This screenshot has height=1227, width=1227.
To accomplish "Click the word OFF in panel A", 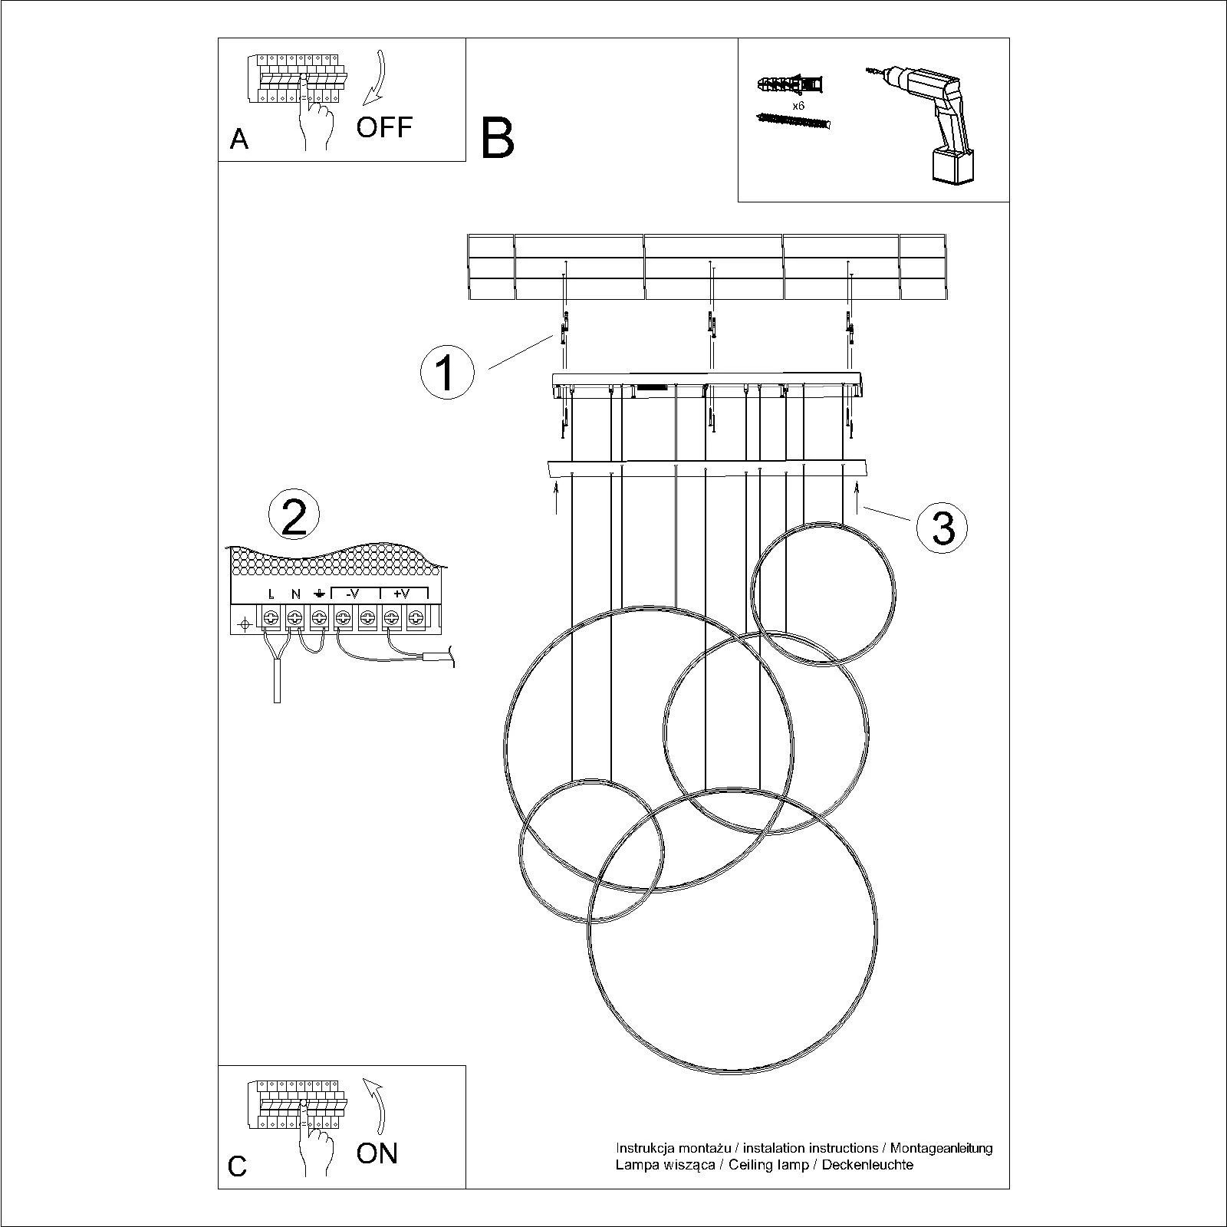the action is click(384, 127).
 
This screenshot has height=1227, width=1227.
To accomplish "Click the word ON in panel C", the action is click(377, 1153).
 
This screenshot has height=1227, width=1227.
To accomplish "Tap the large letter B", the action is click(498, 138).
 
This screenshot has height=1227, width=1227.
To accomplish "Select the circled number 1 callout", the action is click(446, 372).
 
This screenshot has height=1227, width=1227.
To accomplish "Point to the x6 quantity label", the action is click(798, 105).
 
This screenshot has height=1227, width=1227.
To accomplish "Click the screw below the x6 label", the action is click(793, 121).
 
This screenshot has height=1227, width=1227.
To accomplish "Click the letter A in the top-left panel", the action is click(239, 140).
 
